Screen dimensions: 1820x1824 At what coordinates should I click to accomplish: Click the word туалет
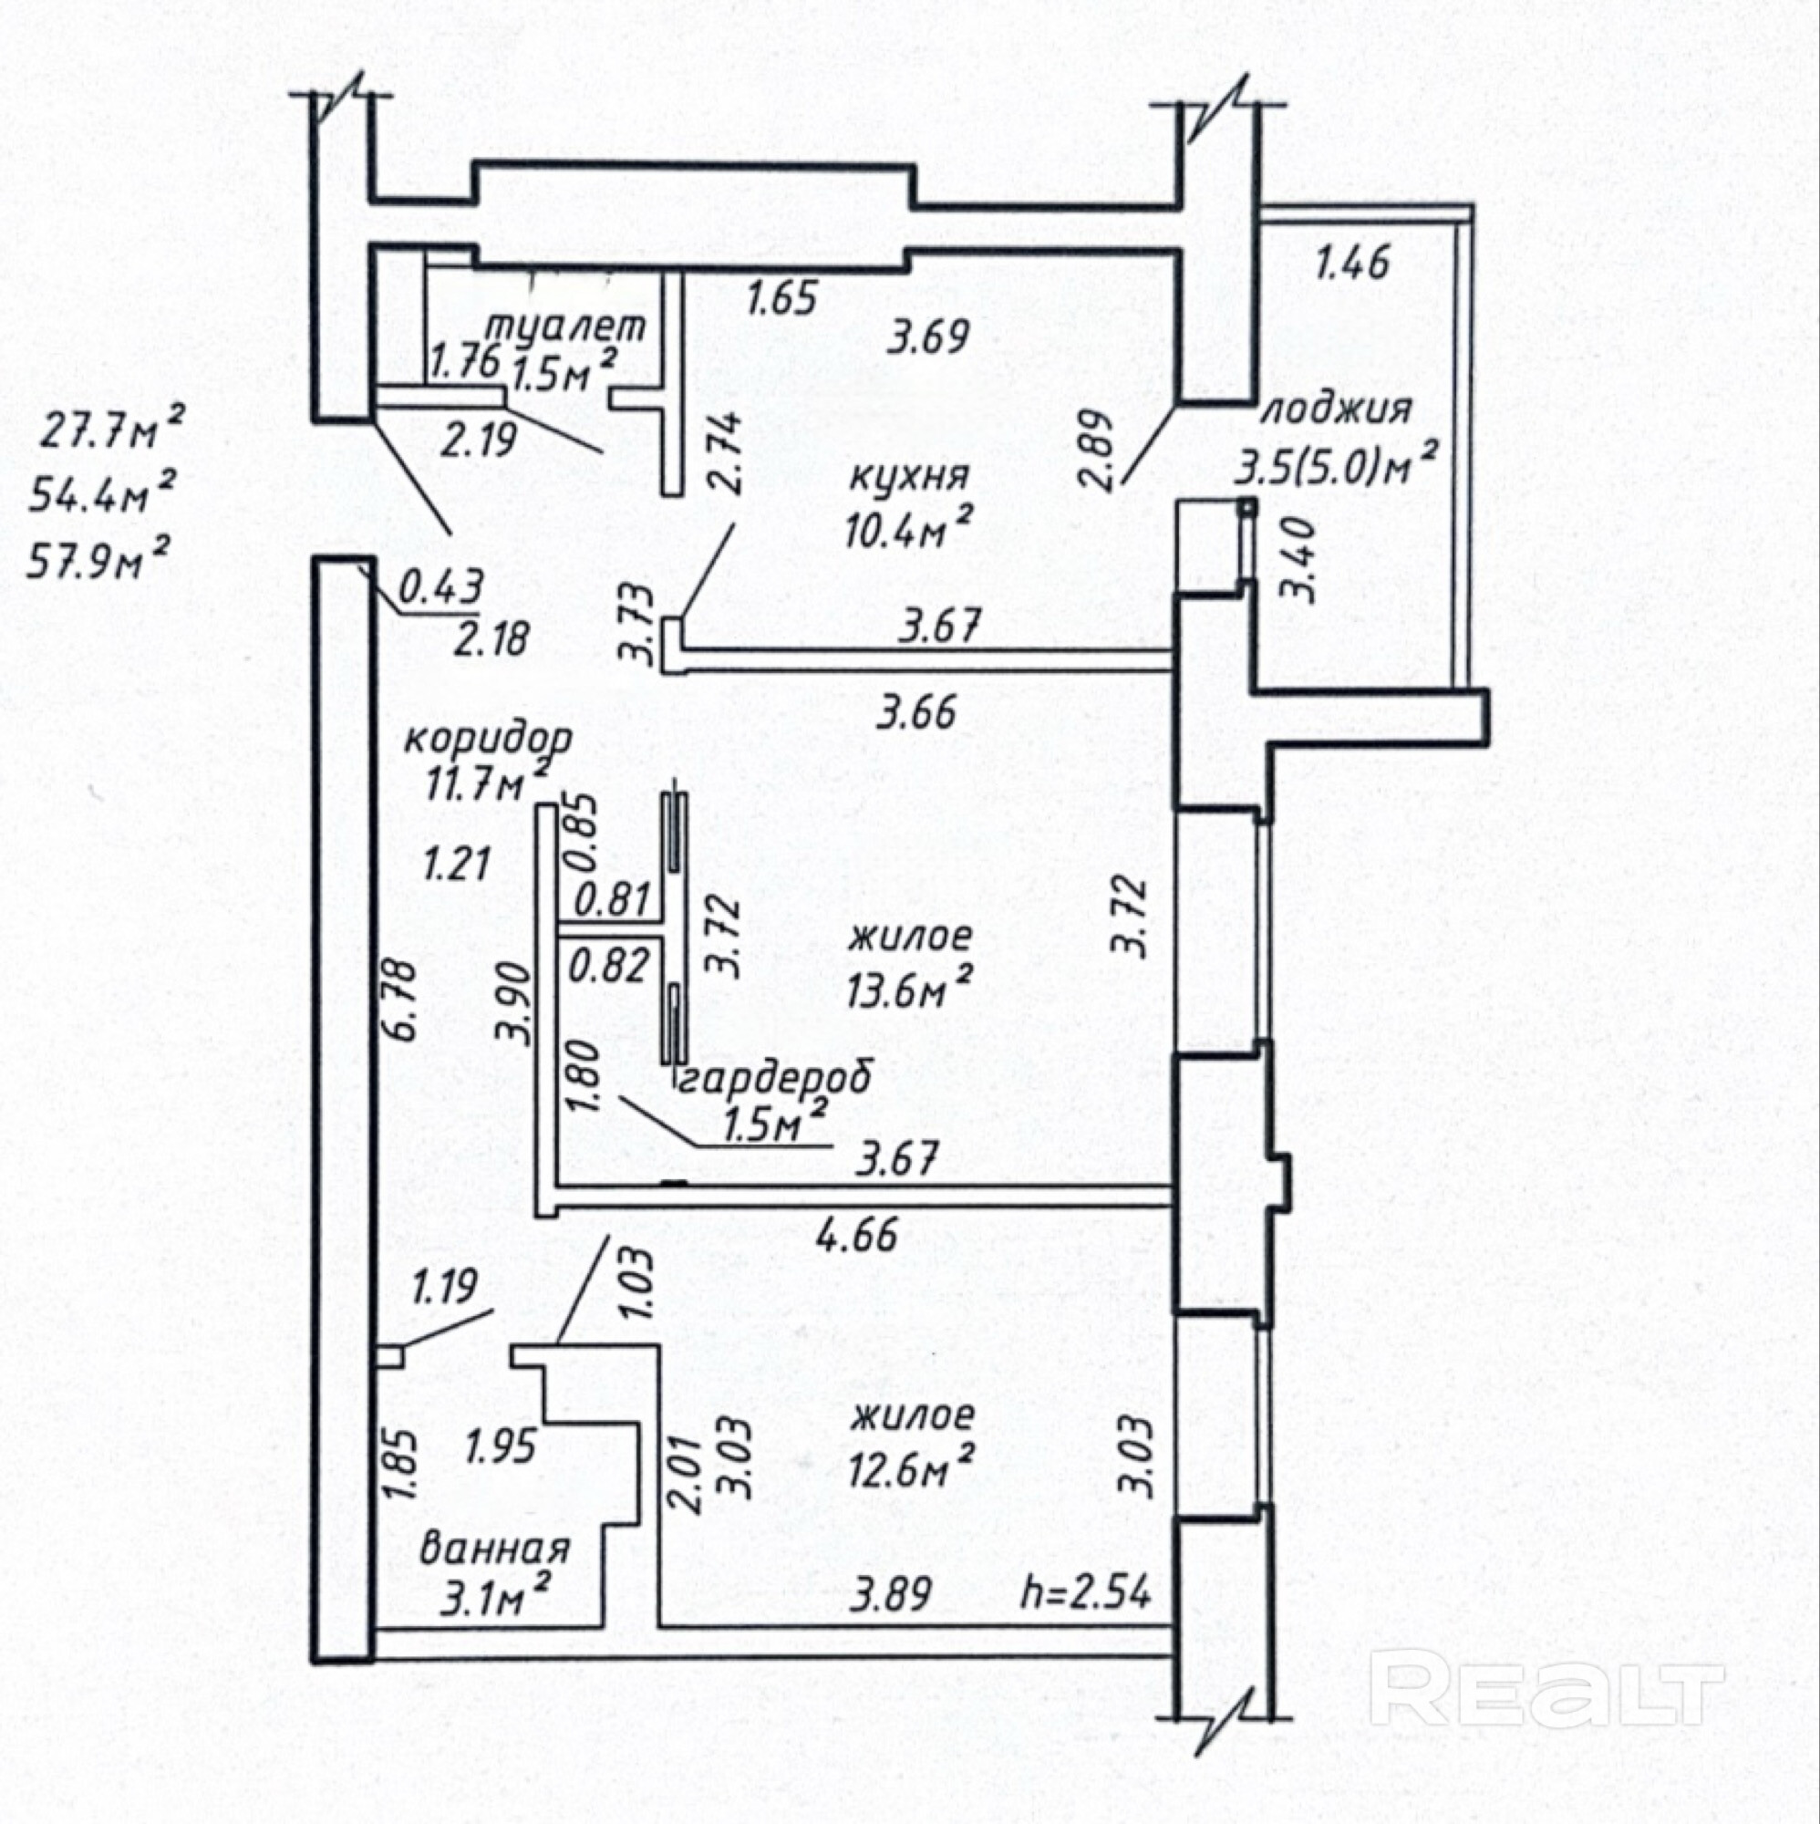pyautogui.click(x=565, y=326)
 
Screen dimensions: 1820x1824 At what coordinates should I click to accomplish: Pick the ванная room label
pyautogui.click(x=494, y=1549)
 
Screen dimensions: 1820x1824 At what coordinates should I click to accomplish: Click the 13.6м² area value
pyautogui.click(x=910, y=991)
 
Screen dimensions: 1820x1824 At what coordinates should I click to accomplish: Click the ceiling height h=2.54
pyautogui.click(x=1087, y=1593)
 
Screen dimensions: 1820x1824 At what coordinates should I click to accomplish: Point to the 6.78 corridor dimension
pyautogui.click(x=402, y=1000)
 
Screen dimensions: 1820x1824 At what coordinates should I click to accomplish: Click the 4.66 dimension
pyautogui.click(x=857, y=1233)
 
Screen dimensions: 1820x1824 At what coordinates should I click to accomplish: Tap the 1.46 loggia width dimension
pyautogui.click(x=1352, y=263)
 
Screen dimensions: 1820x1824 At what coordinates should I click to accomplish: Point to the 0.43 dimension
pyautogui.click(x=440, y=586)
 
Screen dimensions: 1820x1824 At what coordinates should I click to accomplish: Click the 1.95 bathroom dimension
pyautogui.click(x=502, y=1444)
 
